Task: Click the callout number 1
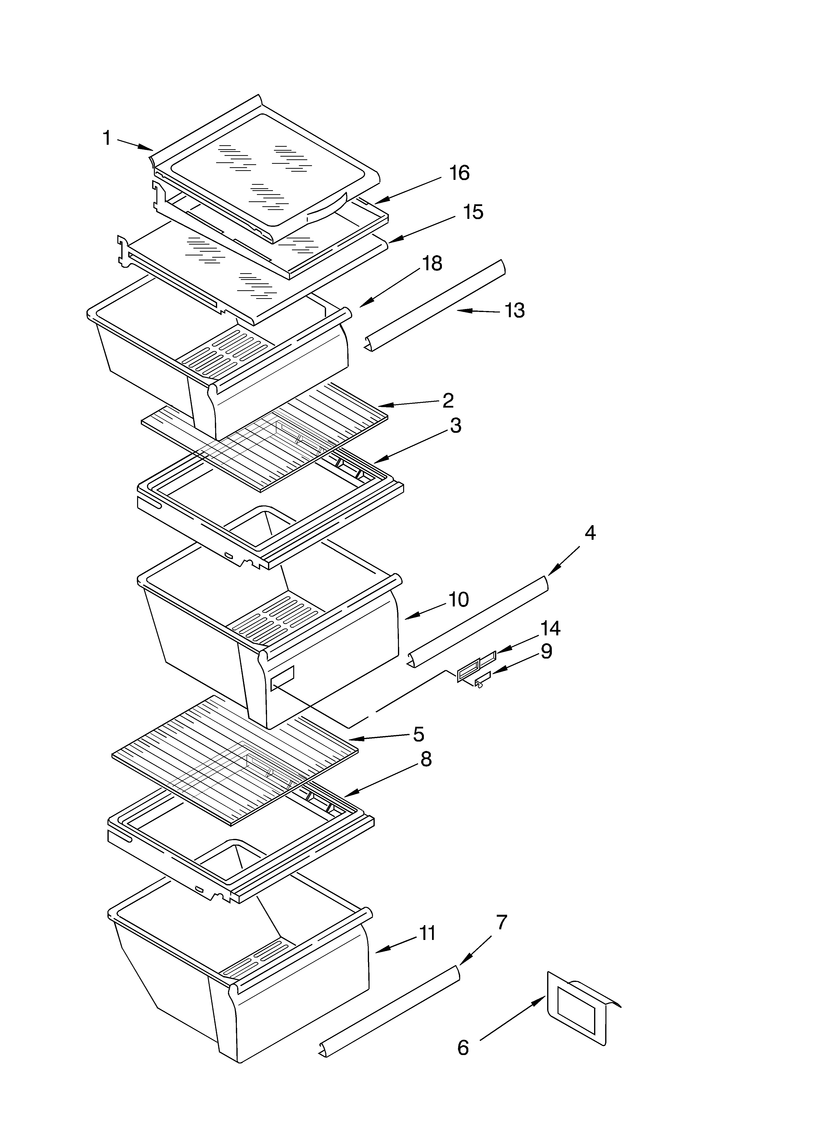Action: (107, 137)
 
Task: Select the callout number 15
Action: (473, 212)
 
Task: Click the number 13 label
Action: (514, 311)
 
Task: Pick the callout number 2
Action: (448, 400)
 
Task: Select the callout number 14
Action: (550, 628)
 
